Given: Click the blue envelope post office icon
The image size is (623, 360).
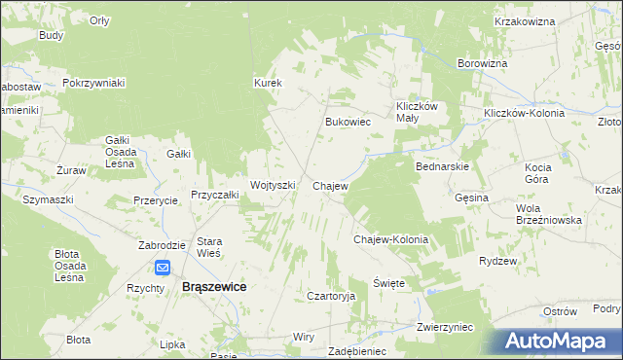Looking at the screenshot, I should point(162,268).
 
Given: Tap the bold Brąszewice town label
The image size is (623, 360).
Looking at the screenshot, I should point(214,287).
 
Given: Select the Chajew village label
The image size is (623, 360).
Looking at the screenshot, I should point(330,185).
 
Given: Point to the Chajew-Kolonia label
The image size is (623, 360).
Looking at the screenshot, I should point(390,238).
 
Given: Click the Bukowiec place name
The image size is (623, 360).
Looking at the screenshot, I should point(348,123).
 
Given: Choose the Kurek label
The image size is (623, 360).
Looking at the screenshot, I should point(268,84).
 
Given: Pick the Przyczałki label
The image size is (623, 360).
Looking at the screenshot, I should point(215,195).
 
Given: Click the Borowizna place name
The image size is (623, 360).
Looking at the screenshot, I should point(483,63).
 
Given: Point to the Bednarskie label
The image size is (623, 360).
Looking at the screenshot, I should point(443,166).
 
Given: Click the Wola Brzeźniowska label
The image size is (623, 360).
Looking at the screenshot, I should point(549,214).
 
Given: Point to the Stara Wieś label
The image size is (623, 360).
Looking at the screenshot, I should point(210,247).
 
